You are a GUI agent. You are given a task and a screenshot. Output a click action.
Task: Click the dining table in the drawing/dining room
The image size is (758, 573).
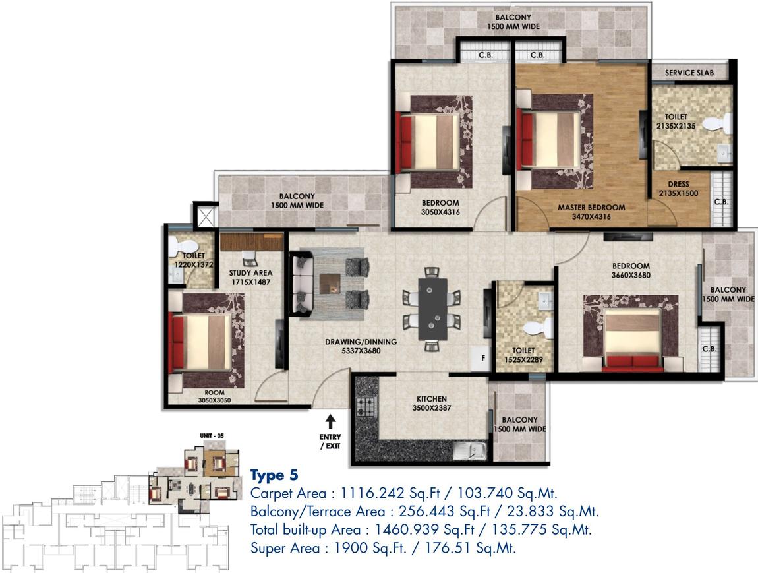tap(432, 308)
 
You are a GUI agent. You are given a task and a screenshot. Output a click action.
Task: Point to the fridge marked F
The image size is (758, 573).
tap(482, 358)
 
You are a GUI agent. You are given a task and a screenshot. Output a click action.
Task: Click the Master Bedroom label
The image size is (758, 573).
tap(591, 207)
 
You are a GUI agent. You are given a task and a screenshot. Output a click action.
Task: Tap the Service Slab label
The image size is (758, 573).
tap(689, 73)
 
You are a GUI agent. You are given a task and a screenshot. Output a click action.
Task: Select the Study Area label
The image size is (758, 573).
tap(250, 272)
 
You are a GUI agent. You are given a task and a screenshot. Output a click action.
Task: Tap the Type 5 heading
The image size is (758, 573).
tap(274, 475)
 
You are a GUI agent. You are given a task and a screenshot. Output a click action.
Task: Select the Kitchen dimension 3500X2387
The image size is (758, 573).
tap(432, 408)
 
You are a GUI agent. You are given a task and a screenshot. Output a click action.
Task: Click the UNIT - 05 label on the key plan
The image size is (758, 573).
tap(212, 436)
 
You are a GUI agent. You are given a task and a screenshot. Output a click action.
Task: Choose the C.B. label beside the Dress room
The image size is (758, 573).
tap(722, 202)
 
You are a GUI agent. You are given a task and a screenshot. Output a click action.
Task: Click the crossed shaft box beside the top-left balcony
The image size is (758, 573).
tap(204, 216)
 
